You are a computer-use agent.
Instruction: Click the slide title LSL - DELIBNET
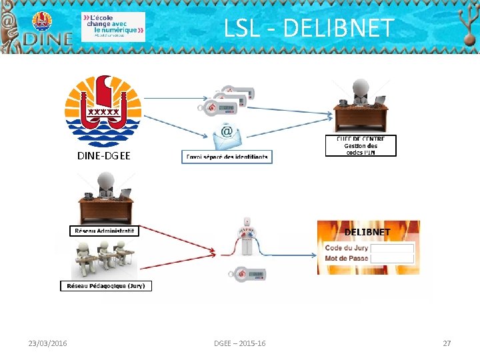[309, 28]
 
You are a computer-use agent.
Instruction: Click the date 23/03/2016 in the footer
[47, 343]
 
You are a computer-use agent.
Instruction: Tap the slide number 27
[447, 343]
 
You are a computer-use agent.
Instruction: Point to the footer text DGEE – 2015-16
[239, 343]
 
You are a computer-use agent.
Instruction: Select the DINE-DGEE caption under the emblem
[103, 156]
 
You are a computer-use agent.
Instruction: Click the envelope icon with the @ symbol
[227, 137]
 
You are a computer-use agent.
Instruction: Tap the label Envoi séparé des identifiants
[227, 157]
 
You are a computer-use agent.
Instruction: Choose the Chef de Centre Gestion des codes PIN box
[361, 146]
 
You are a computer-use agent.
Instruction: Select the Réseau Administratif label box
[105, 231]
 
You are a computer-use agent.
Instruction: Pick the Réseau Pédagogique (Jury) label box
[105, 286]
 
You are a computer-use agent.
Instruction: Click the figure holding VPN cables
[248, 237]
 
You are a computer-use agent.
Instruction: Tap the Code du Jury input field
[393, 248]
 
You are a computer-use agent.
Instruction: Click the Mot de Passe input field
[393, 258]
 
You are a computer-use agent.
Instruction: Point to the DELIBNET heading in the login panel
[367, 232]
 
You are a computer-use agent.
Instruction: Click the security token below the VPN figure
[248, 275]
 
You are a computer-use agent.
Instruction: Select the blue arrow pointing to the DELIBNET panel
[293, 253]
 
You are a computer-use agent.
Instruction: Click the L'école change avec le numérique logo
[113, 27]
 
